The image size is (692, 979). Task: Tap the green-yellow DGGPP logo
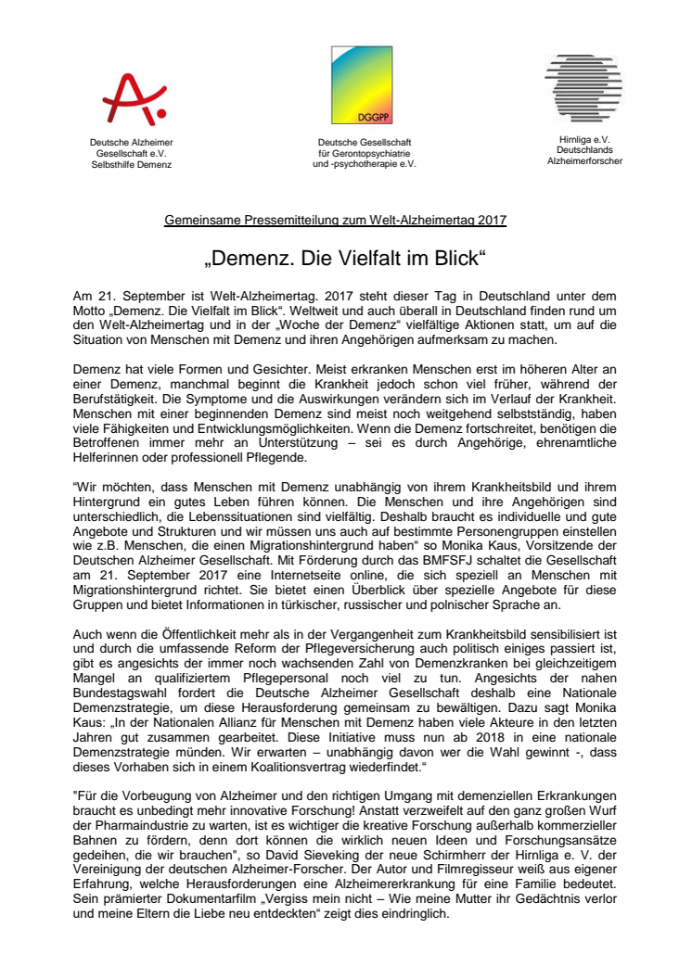(x=364, y=85)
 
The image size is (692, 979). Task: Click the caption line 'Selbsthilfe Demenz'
(x=132, y=164)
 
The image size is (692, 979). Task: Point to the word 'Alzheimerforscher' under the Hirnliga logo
(x=584, y=160)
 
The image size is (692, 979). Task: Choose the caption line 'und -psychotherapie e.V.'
(x=365, y=163)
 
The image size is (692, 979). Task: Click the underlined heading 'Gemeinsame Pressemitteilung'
(x=241, y=220)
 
